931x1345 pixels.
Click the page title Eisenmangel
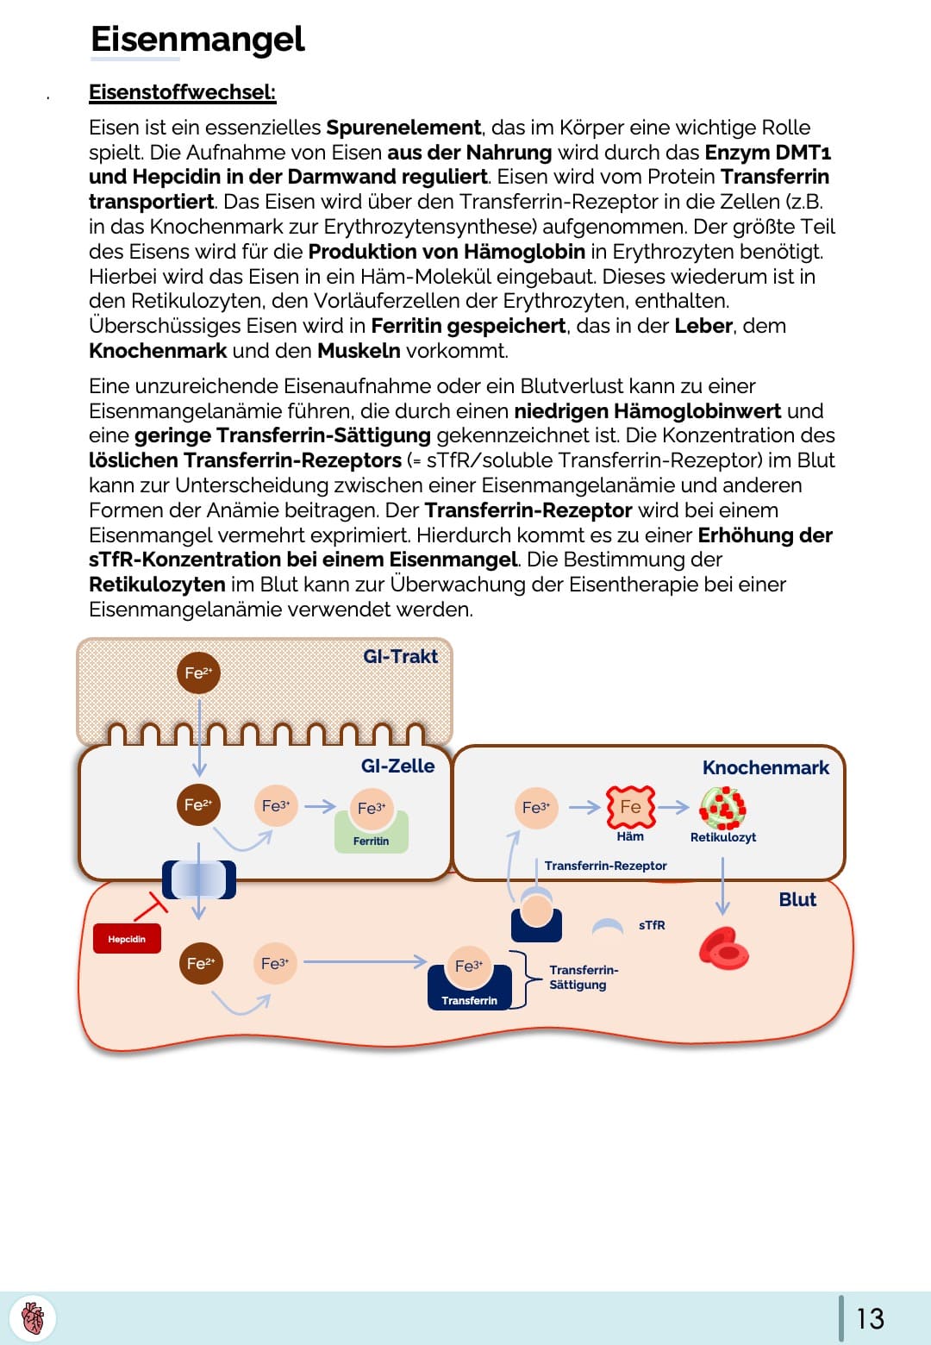point(197,40)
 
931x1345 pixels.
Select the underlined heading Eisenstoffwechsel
point(182,92)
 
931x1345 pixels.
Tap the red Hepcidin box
point(127,939)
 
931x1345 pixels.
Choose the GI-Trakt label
point(400,656)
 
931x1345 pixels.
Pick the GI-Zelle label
point(397,766)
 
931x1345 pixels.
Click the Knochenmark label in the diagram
point(765,767)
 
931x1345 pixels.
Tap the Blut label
point(797,899)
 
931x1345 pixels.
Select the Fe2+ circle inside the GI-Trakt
point(198,673)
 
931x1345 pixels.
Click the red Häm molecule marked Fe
point(630,807)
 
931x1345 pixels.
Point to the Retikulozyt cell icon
point(722,808)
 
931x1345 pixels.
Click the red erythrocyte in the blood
point(723,948)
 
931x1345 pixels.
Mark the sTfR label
point(652,925)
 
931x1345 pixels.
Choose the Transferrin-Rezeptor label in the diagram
point(605,866)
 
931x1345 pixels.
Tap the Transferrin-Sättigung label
point(584,977)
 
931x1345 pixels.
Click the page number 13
point(870,1318)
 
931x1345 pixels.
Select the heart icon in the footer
point(33,1318)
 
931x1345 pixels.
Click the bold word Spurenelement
point(403,128)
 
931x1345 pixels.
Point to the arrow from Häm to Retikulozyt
point(674,807)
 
